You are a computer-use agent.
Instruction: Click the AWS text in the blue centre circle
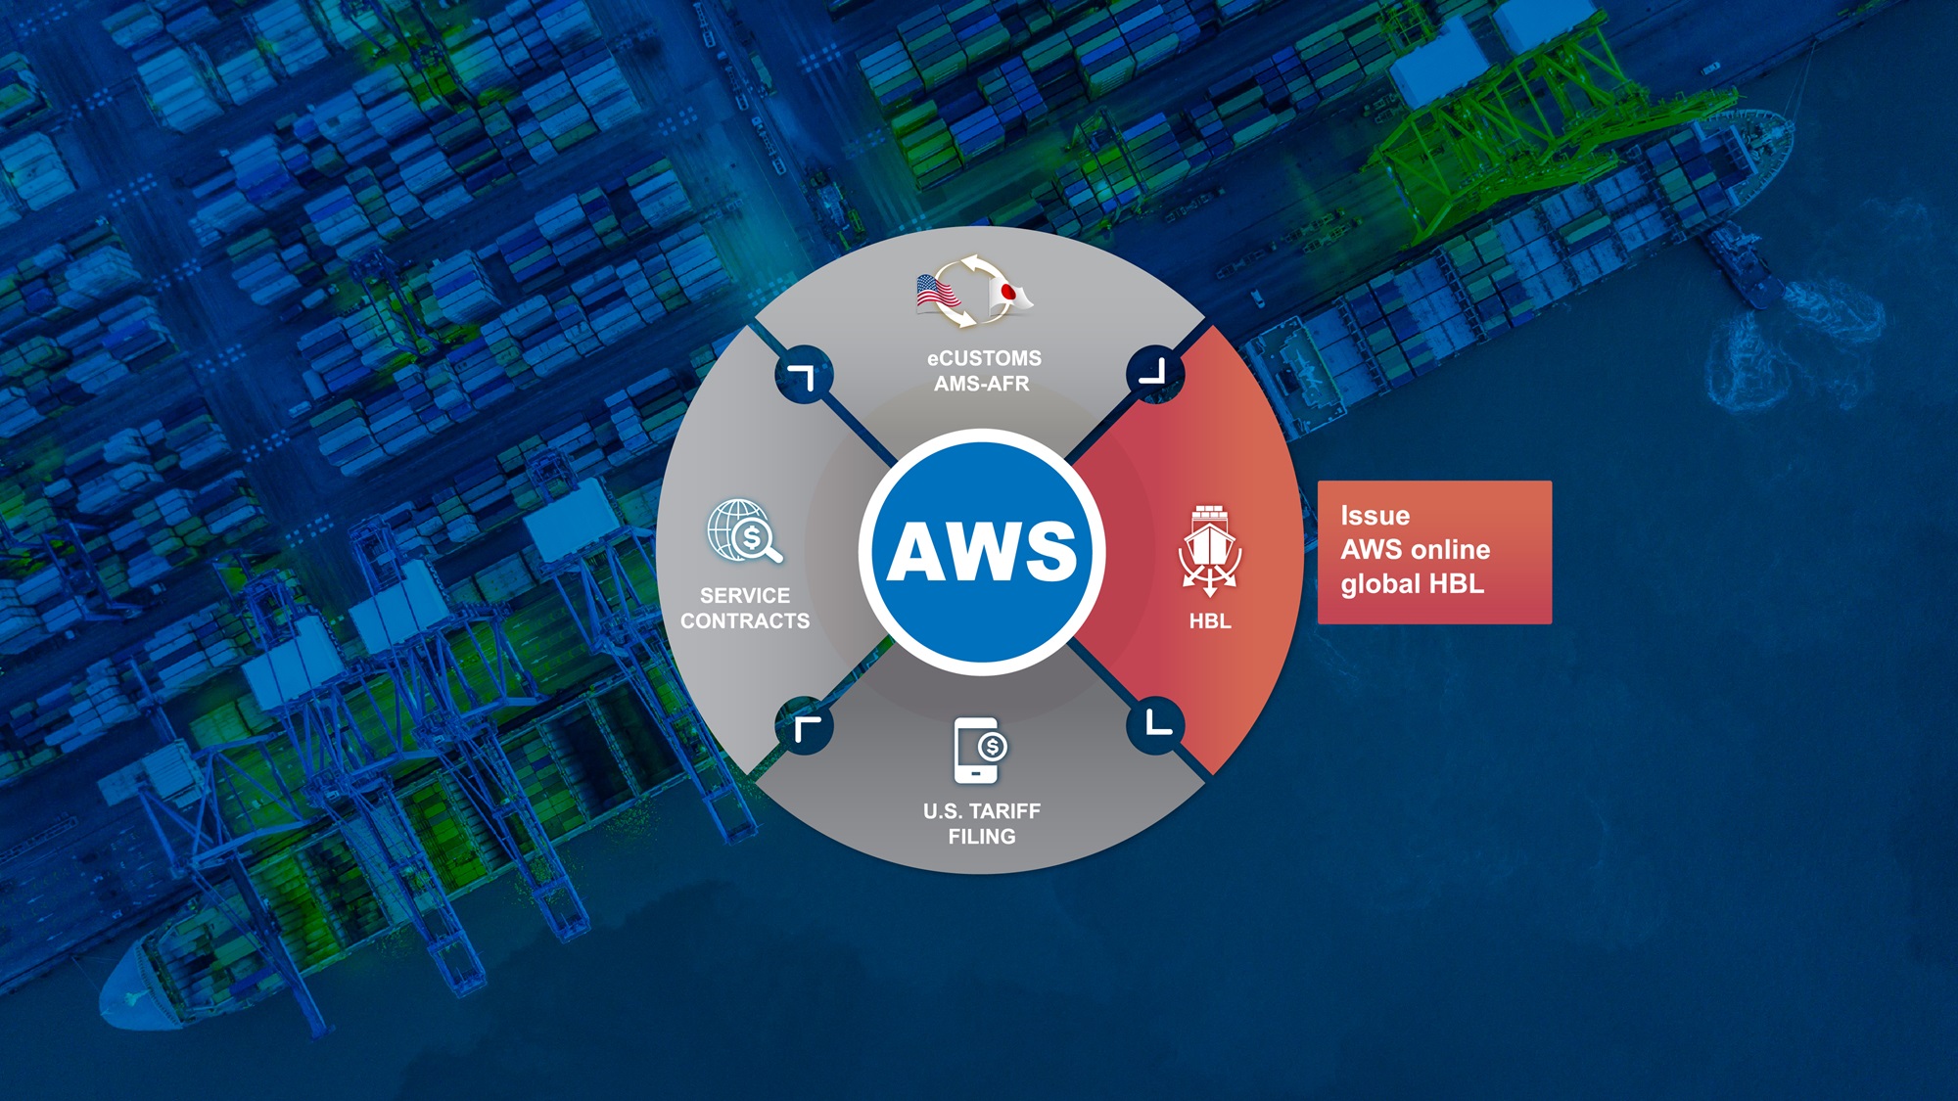click(982, 551)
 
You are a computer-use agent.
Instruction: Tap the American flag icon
click(936, 293)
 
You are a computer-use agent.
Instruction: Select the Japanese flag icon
click(1009, 295)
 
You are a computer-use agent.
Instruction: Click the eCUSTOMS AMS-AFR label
click(983, 371)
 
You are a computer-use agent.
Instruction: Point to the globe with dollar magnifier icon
click(745, 531)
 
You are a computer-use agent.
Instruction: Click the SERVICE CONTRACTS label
click(745, 608)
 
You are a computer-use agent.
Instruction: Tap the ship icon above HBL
click(1210, 550)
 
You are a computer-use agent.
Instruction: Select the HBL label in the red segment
click(1210, 620)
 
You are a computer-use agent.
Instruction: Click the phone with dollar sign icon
click(980, 751)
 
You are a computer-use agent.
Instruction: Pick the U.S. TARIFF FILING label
click(981, 823)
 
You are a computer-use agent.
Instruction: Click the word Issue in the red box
click(1375, 516)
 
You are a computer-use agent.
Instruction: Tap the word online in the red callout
click(1452, 550)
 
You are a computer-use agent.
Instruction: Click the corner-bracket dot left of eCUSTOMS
click(804, 375)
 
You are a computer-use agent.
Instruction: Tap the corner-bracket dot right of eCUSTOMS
click(1155, 373)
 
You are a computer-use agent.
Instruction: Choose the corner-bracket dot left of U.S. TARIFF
click(804, 726)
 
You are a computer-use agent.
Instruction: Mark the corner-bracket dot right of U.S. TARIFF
click(1156, 725)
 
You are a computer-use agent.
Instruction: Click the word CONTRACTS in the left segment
click(745, 620)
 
